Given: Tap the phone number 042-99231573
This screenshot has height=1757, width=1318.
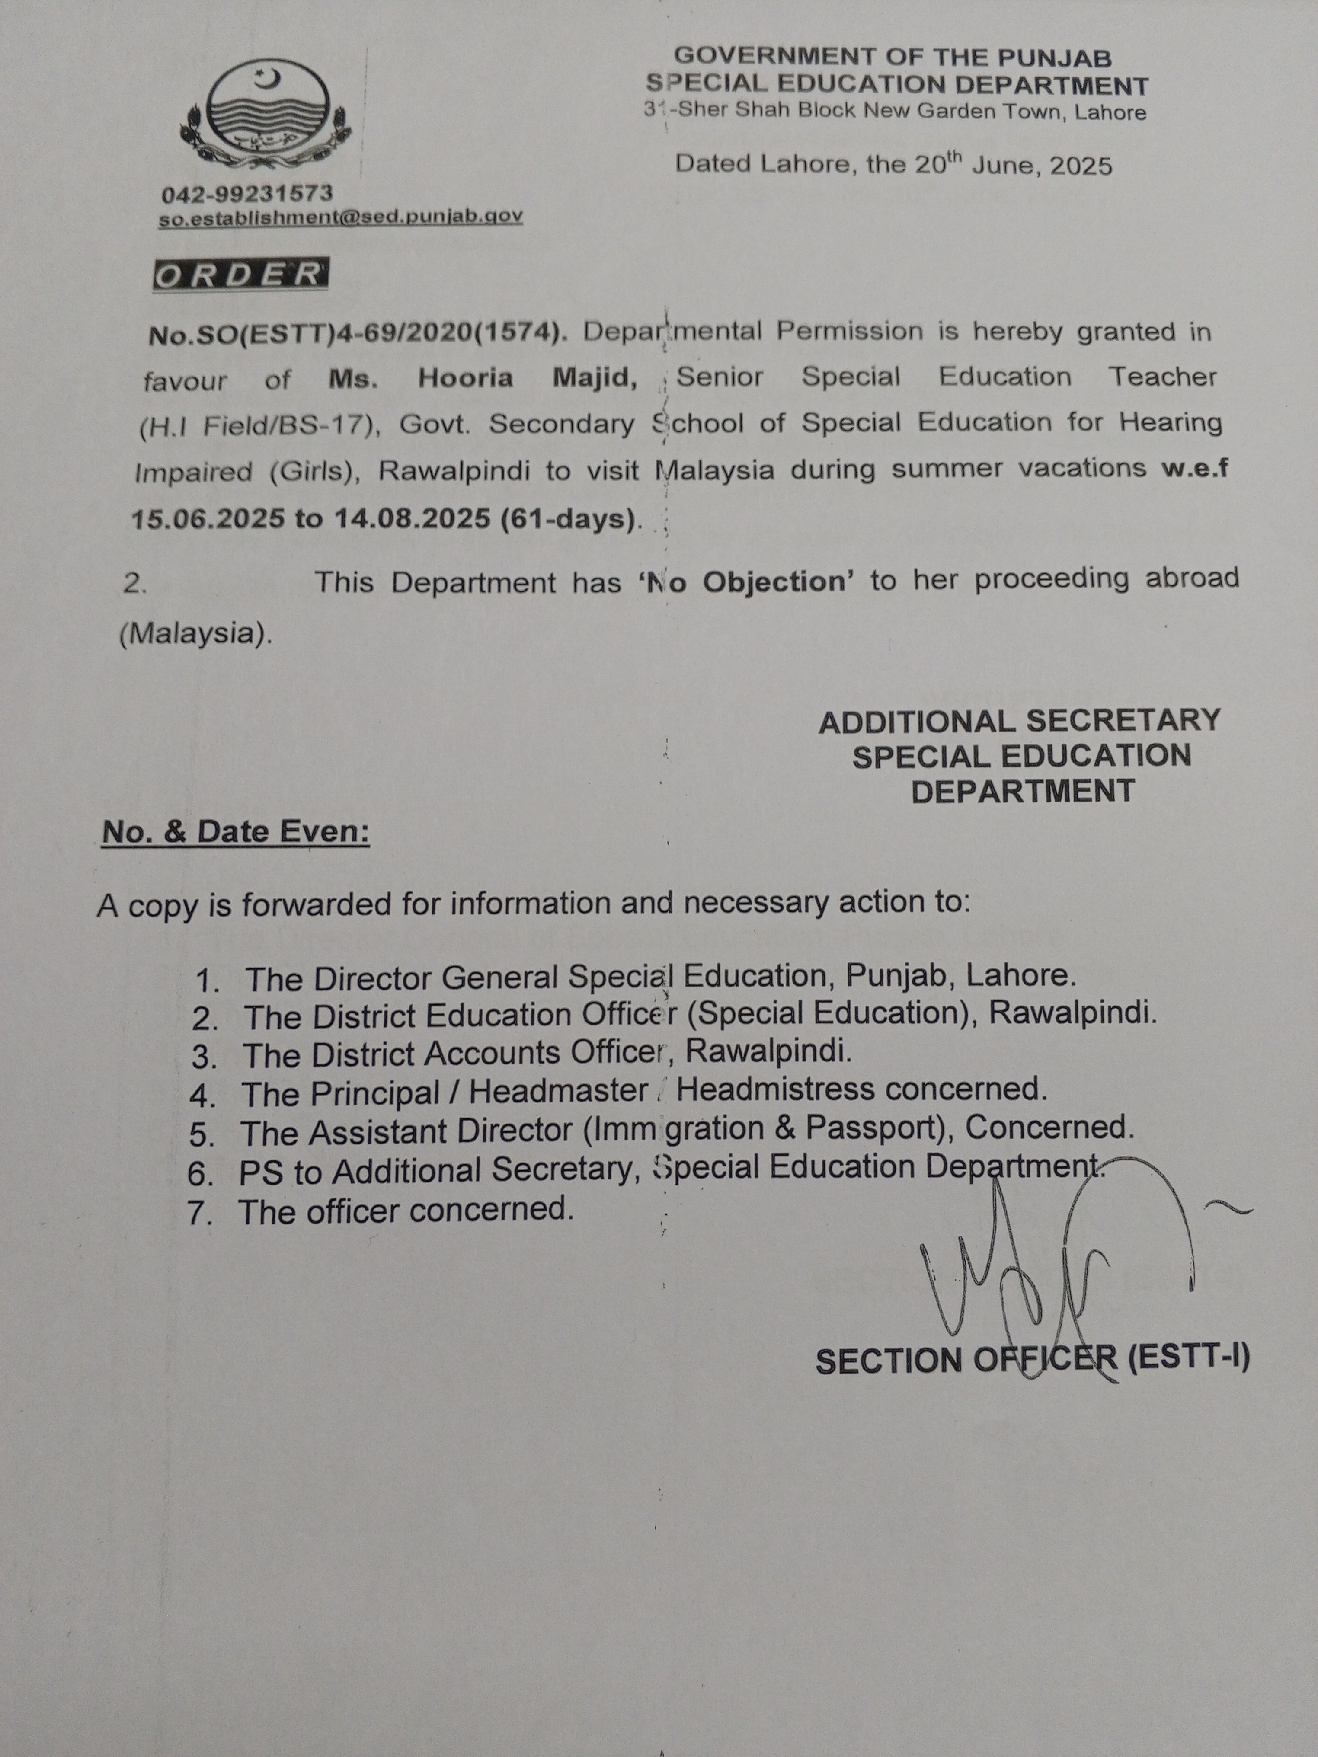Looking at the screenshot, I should tap(247, 193).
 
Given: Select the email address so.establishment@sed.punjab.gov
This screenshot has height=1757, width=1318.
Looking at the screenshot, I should tap(340, 217).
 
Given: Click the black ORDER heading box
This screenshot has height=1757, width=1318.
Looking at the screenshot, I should tap(240, 275).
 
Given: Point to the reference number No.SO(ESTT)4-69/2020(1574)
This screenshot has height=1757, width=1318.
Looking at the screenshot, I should tap(358, 334).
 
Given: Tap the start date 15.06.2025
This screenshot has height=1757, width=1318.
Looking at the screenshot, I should tap(208, 519).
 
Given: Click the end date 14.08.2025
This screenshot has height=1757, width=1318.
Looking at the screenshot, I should tap(412, 519).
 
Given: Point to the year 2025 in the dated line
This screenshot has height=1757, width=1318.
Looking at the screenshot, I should tap(1081, 165).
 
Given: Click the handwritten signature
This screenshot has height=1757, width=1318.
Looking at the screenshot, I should tap(1057, 1271).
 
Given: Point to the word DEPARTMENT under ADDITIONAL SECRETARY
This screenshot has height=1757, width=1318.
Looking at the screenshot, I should tap(1023, 791).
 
